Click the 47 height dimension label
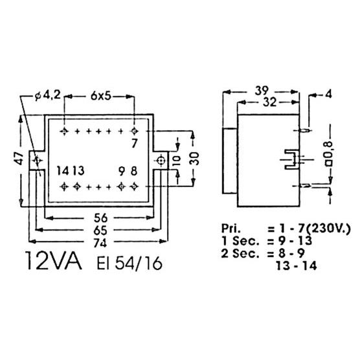[x=20, y=159]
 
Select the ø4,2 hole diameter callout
[x=48, y=95]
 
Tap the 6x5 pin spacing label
[x=101, y=96]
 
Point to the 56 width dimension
[x=100, y=218]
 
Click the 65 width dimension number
[x=100, y=231]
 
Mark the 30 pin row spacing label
[x=194, y=159]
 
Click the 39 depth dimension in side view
[x=262, y=91]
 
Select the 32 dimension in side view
[x=269, y=102]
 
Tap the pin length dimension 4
[x=329, y=95]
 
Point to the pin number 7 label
[x=135, y=144]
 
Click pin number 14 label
[x=63, y=171]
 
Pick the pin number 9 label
[x=122, y=171]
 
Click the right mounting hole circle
[x=161, y=161]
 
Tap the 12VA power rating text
[x=53, y=260]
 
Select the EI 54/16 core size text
[x=129, y=264]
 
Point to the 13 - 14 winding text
[x=297, y=266]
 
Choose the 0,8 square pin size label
[x=330, y=153]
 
